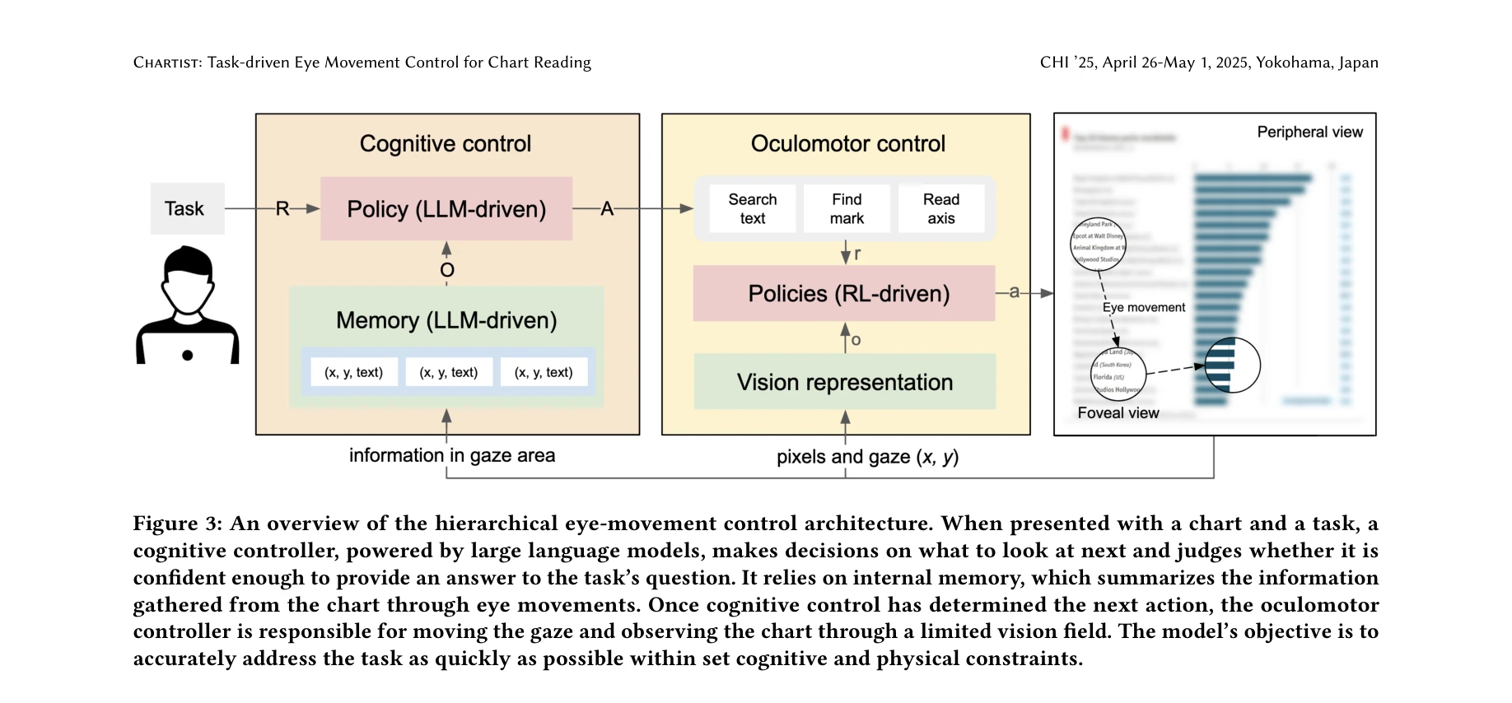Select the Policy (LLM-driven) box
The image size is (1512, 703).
pyautogui.click(x=446, y=209)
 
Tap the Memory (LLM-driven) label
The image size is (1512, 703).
pyautogui.click(x=446, y=320)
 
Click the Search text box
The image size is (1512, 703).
pyautogui.click(x=752, y=209)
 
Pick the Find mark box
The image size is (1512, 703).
pyautogui.click(x=847, y=209)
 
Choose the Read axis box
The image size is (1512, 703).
pyautogui.click(x=940, y=209)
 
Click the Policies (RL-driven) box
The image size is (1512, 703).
pyautogui.click(x=847, y=294)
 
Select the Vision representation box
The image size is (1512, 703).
pyautogui.click(x=844, y=382)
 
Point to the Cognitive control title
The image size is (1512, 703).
pyautogui.click(x=445, y=144)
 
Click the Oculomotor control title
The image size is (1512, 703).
pyautogui.click(x=847, y=144)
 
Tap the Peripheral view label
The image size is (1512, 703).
pyautogui.click(x=1309, y=133)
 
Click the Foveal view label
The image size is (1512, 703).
pyautogui.click(x=1118, y=413)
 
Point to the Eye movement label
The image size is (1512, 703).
pyautogui.click(x=1143, y=308)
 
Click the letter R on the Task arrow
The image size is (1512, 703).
pyautogui.click(x=282, y=209)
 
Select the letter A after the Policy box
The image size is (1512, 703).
pyautogui.click(x=607, y=209)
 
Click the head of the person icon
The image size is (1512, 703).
pyautogui.click(x=188, y=276)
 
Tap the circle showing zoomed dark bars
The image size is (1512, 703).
pyautogui.click(x=1232, y=365)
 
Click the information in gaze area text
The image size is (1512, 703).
pyautogui.click(x=451, y=455)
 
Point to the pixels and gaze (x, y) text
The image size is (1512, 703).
pyautogui.click(x=867, y=457)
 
